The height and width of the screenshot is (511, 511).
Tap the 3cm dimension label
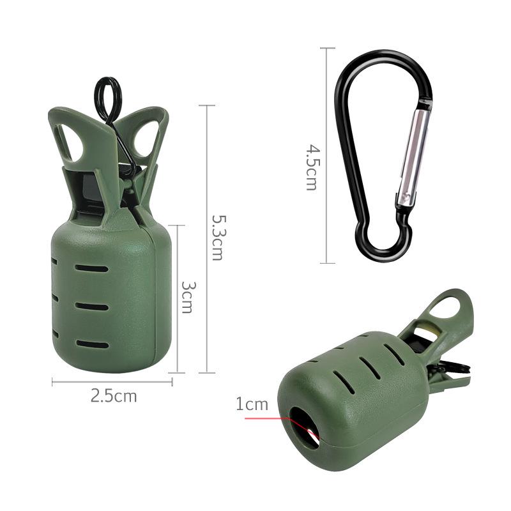click(187, 297)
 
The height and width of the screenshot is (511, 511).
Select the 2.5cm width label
click(114, 396)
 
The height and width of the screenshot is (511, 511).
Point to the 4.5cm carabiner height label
click(311, 167)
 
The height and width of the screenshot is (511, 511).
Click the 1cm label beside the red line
click(252, 404)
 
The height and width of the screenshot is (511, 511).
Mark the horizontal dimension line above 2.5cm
click(112, 382)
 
